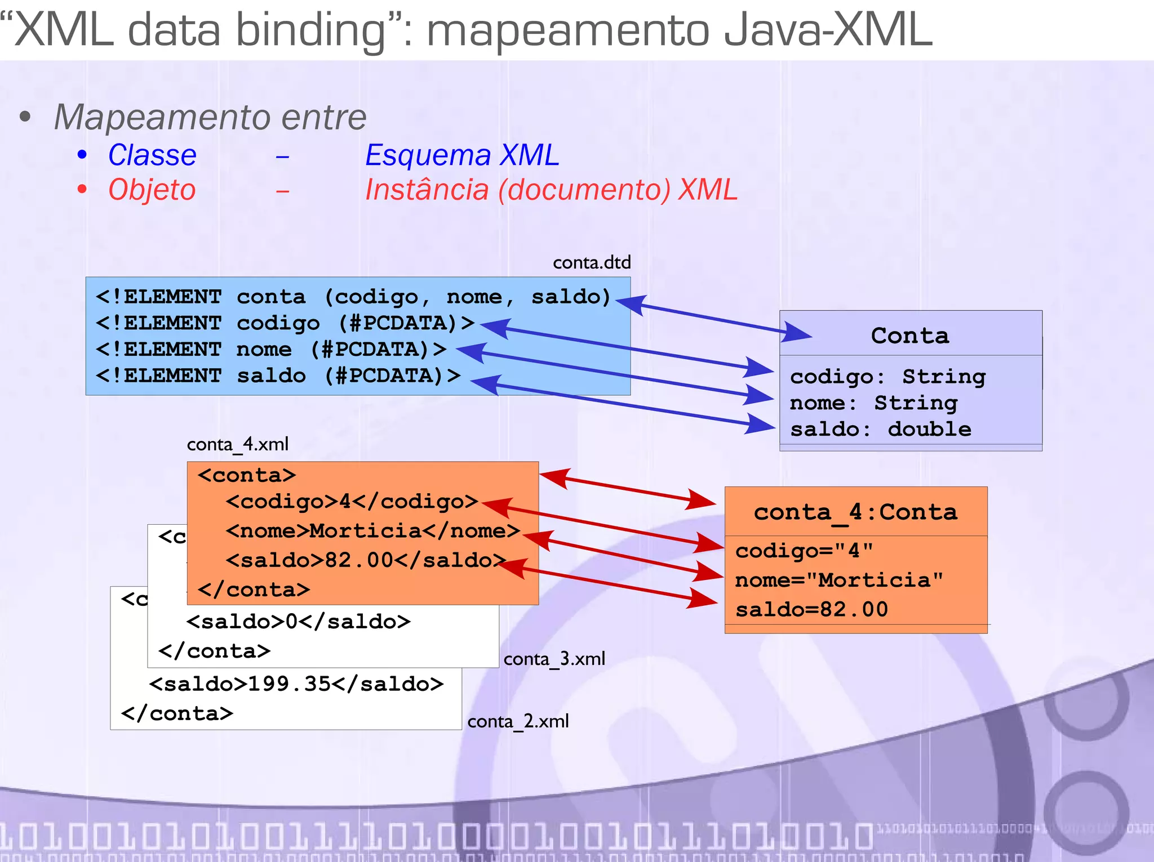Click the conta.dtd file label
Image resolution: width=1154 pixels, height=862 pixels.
[592, 263]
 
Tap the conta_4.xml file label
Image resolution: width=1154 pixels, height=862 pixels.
[237, 445]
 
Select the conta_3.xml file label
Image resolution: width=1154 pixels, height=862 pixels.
[554, 659]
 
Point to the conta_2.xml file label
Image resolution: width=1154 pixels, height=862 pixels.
[518, 721]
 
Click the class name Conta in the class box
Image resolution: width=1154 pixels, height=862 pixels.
[909, 336]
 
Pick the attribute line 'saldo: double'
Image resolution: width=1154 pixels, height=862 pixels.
[880, 430]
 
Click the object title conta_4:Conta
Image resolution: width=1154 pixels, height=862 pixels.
[855, 512]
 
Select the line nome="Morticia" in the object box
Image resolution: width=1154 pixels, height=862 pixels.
[838, 580]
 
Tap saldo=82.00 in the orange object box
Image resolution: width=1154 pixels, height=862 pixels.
[811, 610]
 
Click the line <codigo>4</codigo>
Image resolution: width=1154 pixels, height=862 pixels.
[352, 502]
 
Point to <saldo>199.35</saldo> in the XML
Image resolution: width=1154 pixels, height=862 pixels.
[296, 684]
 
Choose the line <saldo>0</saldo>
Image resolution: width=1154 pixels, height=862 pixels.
[298, 622]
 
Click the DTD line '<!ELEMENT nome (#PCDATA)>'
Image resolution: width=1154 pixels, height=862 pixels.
[271, 350]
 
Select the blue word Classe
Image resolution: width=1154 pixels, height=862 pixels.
[152, 155]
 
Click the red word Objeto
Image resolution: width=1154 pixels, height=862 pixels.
[152, 190]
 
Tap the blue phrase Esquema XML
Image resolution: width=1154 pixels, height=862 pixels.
[462, 155]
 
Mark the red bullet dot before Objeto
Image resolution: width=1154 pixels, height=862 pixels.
[82, 189]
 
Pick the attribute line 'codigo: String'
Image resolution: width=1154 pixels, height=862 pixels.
[887, 377]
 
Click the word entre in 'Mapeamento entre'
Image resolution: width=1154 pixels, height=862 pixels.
[324, 117]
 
